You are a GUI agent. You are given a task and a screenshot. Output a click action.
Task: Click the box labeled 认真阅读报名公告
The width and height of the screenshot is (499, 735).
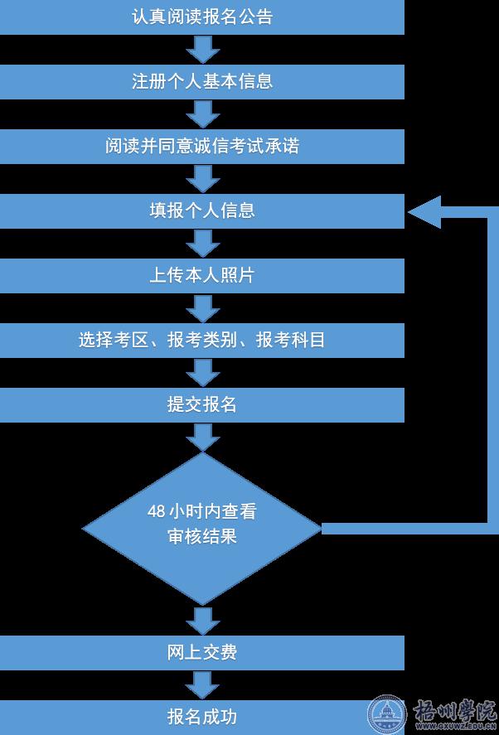point(201,17)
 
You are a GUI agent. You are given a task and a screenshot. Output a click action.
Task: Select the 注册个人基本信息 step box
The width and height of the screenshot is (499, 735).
point(201,82)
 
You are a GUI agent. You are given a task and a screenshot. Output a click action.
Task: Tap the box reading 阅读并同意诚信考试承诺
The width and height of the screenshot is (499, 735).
point(201,147)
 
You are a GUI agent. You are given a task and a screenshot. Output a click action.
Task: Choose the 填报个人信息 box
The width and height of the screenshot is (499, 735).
point(201,211)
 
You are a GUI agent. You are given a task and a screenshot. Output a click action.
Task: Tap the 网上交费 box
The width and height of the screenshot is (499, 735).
point(201,653)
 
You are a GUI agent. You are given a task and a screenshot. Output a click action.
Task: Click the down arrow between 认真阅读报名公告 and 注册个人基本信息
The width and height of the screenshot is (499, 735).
point(202,50)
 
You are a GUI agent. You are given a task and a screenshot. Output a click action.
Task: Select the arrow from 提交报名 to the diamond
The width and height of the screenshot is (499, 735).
point(202,437)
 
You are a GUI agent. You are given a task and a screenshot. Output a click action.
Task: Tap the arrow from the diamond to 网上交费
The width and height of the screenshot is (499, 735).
point(202,620)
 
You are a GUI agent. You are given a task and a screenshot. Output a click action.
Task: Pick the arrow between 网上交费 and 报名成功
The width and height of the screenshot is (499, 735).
point(202,685)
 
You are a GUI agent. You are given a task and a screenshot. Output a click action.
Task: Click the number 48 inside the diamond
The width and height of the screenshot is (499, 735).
point(156,511)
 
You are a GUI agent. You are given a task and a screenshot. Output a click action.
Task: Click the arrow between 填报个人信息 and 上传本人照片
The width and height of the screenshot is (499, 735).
point(202,244)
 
